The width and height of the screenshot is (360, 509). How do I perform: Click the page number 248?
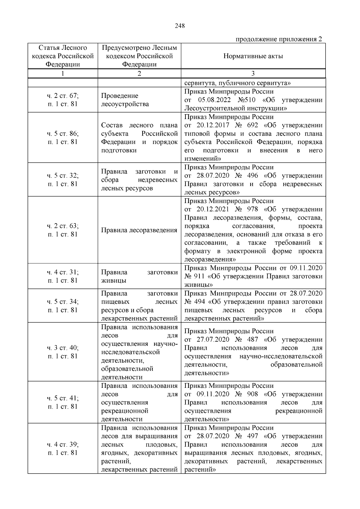coord(180,26)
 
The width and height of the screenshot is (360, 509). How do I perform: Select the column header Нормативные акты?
coord(253,56)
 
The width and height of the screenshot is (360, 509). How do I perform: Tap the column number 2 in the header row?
coord(139,73)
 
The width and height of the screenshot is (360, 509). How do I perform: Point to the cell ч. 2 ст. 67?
coord(63,96)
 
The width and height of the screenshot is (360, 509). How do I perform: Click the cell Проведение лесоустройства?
coord(125,100)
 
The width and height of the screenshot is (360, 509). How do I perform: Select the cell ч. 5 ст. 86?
coord(63,133)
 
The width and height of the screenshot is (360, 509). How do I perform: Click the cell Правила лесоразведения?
coord(139,230)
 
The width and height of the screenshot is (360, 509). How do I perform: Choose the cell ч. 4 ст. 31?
coord(63,272)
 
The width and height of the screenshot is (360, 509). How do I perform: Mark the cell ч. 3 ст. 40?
coord(63,348)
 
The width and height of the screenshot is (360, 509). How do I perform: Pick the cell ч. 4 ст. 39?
coord(63,444)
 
